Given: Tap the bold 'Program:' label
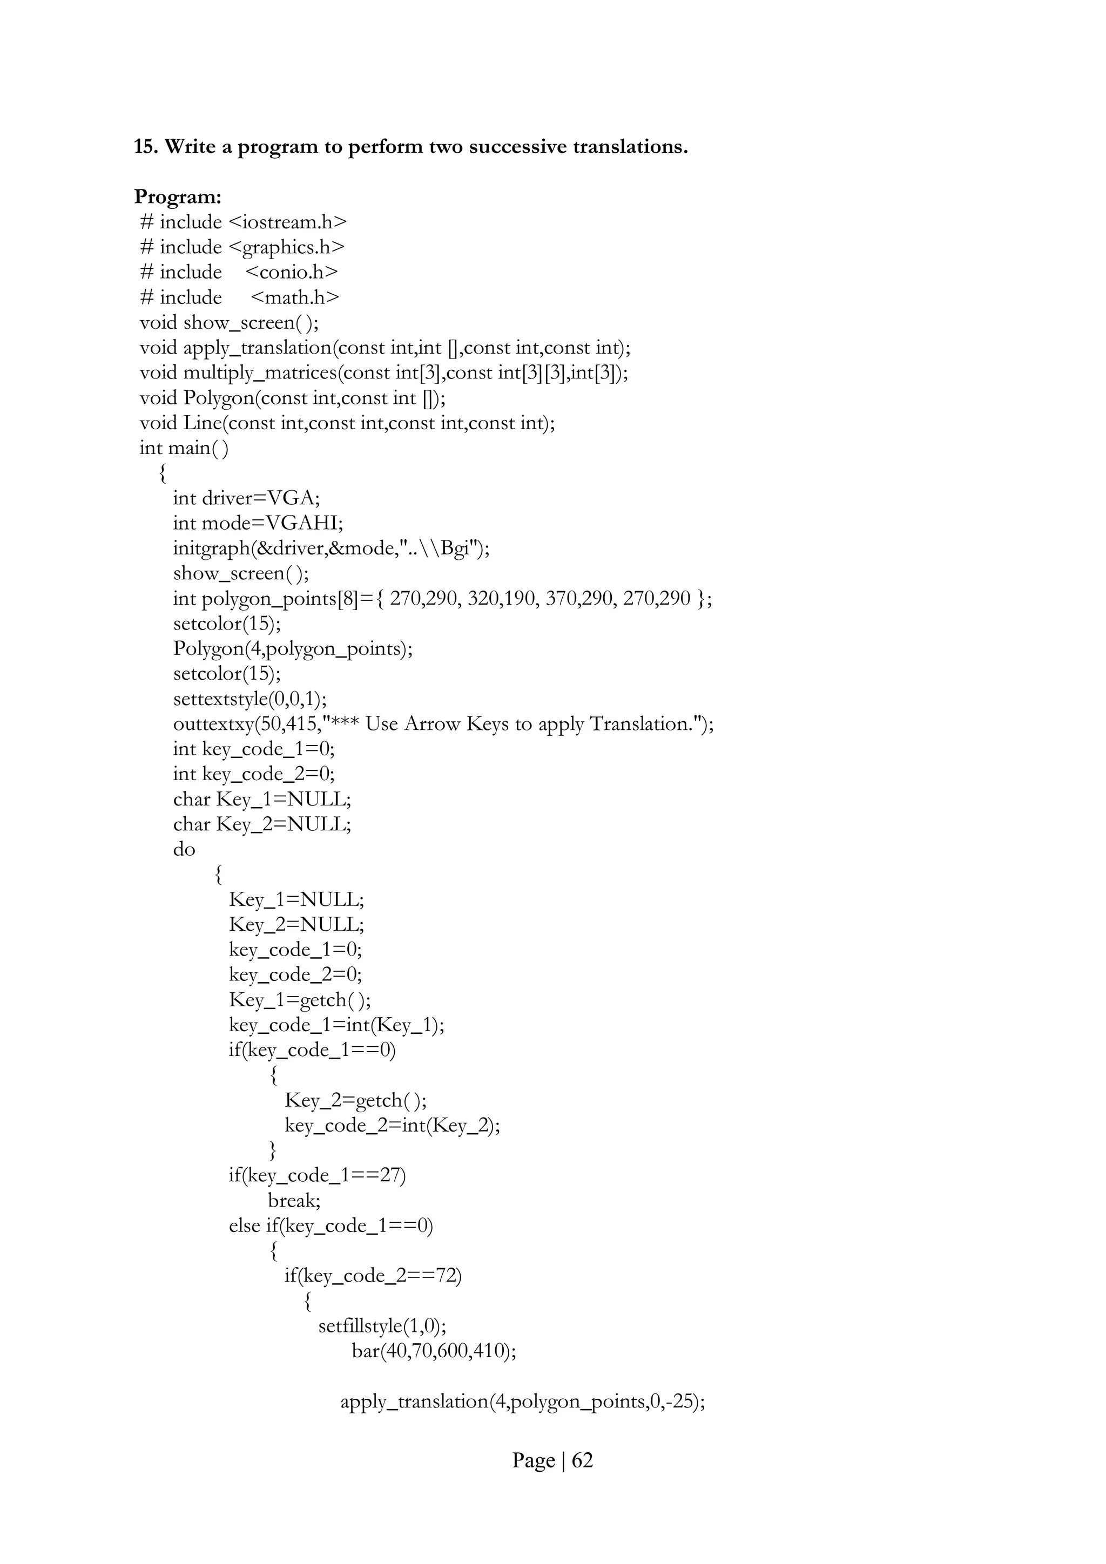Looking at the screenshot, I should click(178, 197).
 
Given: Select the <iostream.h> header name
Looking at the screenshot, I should click(288, 222).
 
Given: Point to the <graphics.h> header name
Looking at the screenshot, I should click(286, 247).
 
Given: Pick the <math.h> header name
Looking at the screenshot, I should click(294, 297).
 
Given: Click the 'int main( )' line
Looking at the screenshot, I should click(184, 448).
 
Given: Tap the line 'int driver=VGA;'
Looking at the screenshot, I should click(246, 498).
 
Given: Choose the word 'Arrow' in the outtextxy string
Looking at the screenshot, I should click(432, 724).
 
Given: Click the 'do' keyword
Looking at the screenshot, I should click(184, 849).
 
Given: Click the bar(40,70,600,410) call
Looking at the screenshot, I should click(434, 1351).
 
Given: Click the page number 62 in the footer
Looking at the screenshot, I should click(582, 1460).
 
